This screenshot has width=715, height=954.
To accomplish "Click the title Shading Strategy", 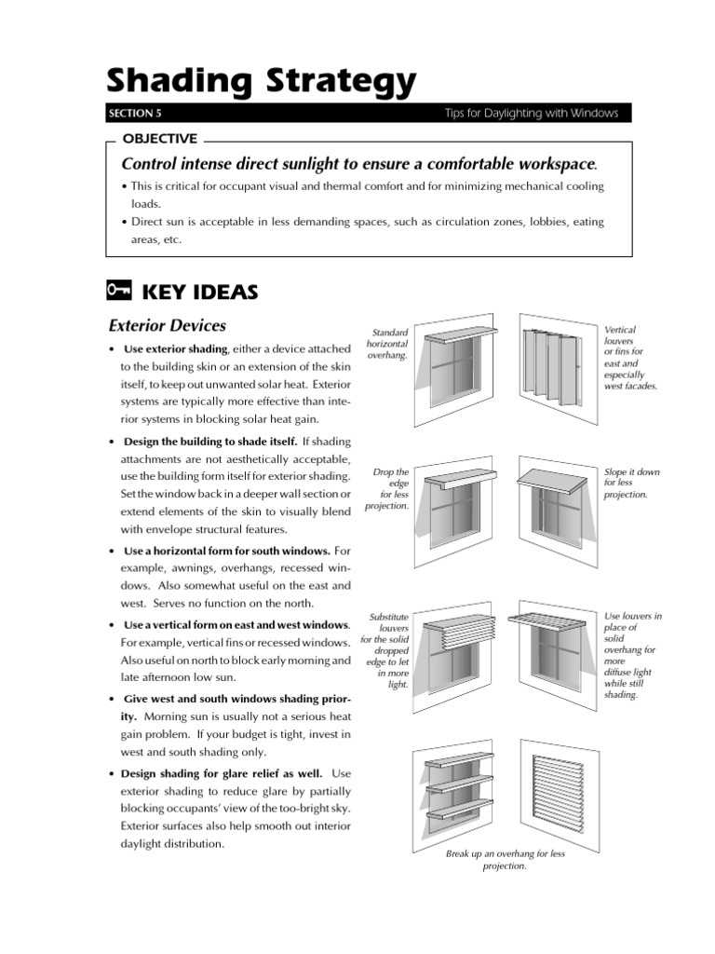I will point(263,82).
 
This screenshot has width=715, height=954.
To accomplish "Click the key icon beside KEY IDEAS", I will point(118,292).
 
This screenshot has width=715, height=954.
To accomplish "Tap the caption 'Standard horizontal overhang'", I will point(389,344).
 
